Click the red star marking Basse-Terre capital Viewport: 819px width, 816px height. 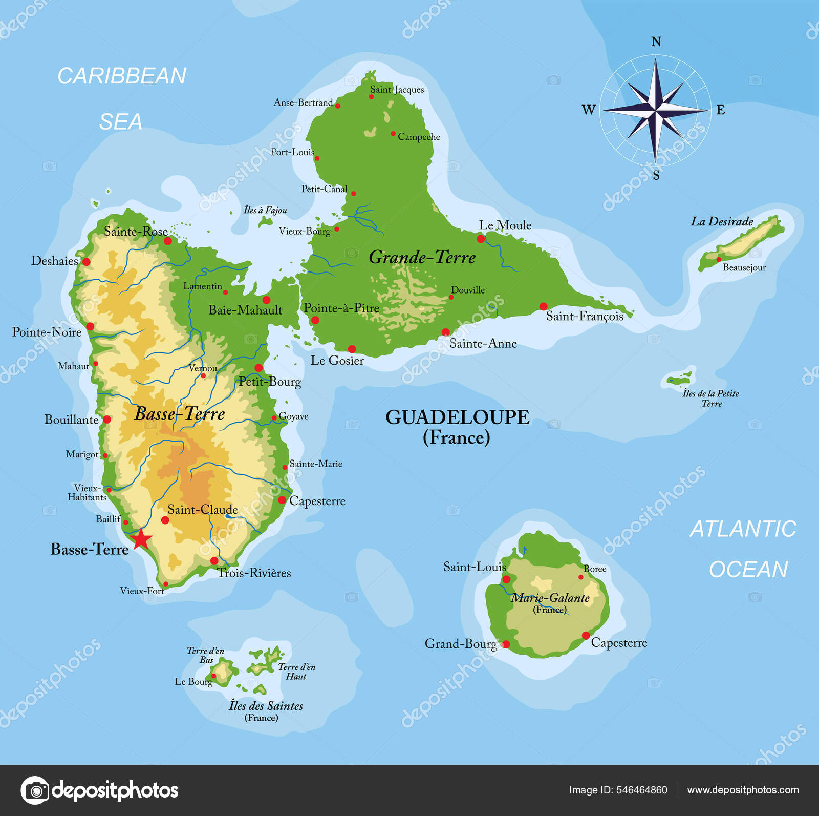pyautogui.click(x=141, y=539)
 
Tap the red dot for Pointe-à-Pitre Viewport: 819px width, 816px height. pyautogui.click(x=315, y=320)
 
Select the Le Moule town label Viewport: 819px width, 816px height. pyautogui.click(x=505, y=225)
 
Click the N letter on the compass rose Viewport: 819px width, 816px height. pyautogui.click(x=656, y=42)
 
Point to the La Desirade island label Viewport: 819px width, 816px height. pyautogui.click(x=722, y=222)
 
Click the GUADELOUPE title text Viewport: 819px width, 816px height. pyautogui.click(x=457, y=417)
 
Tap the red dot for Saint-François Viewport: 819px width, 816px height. pyautogui.click(x=543, y=307)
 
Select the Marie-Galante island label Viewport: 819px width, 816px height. pyautogui.click(x=550, y=598)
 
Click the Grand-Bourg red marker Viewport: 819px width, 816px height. pyautogui.click(x=506, y=644)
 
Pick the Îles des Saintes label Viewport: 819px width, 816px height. pyautogui.click(x=266, y=706)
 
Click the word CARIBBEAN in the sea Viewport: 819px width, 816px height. pyautogui.click(x=122, y=76)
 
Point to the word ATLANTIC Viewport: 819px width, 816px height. pyautogui.click(x=743, y=529)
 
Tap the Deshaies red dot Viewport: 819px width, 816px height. pyautogui.click(x=87, y=262)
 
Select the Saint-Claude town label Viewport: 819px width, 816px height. pyautogui.click(x=203, y=510)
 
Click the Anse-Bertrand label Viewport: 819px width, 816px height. pyautogui.click(x=303, y=102)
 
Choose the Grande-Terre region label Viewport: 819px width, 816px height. pyautogui.click(x=422, y=257)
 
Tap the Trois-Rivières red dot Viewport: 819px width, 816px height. pyautogui.click(x=214, y=561)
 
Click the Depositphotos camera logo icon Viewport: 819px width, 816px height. pyautogui.click(x=35, y=790)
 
